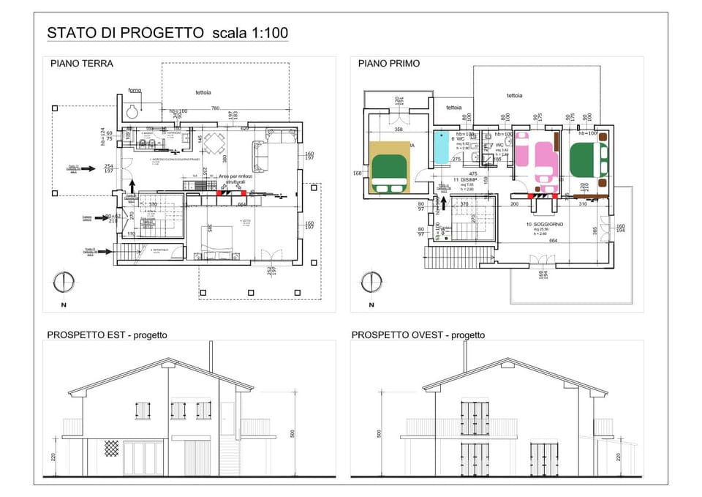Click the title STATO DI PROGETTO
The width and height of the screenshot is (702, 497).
point(125,33)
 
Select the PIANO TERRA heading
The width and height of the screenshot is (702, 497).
point(82,64)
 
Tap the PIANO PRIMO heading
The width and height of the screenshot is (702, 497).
point(389,64)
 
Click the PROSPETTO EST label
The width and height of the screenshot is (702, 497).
point(107,335)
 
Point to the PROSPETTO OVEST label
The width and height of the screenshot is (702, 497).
point(418,335)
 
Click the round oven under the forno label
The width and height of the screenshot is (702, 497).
point(132,111)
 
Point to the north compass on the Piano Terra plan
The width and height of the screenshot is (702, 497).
point(64,282)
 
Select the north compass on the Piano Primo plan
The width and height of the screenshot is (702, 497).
point(371,282)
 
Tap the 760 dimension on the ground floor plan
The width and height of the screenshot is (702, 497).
point(215,108)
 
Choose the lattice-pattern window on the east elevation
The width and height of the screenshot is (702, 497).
point(111,448)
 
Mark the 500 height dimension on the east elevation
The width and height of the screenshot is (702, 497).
point(292,433)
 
